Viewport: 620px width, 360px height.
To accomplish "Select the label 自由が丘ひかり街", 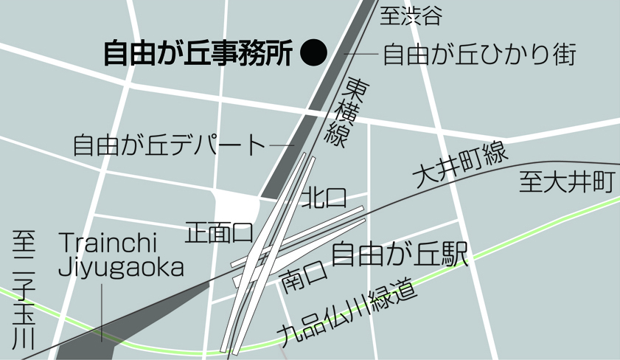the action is coord(479,55).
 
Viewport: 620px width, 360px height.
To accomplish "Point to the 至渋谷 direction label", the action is coord(414,15).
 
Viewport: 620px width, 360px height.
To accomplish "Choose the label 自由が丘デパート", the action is coord(169,144).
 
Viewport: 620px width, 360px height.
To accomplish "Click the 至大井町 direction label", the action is coord(566,181).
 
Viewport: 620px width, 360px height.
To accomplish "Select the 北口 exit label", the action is coord(323,198).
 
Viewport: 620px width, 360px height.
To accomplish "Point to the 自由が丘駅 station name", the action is coord(400,255).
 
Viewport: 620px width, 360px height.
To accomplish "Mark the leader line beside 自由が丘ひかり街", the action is coord(360,55).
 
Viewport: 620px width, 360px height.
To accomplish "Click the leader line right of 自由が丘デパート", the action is coord(282,145).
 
